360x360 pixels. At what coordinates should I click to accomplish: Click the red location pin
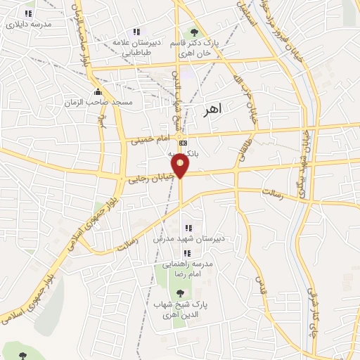181,165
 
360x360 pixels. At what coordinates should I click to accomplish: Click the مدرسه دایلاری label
28,24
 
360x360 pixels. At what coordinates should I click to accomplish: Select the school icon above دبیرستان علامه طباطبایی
136,31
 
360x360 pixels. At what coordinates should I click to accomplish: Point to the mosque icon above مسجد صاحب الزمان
98,91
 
